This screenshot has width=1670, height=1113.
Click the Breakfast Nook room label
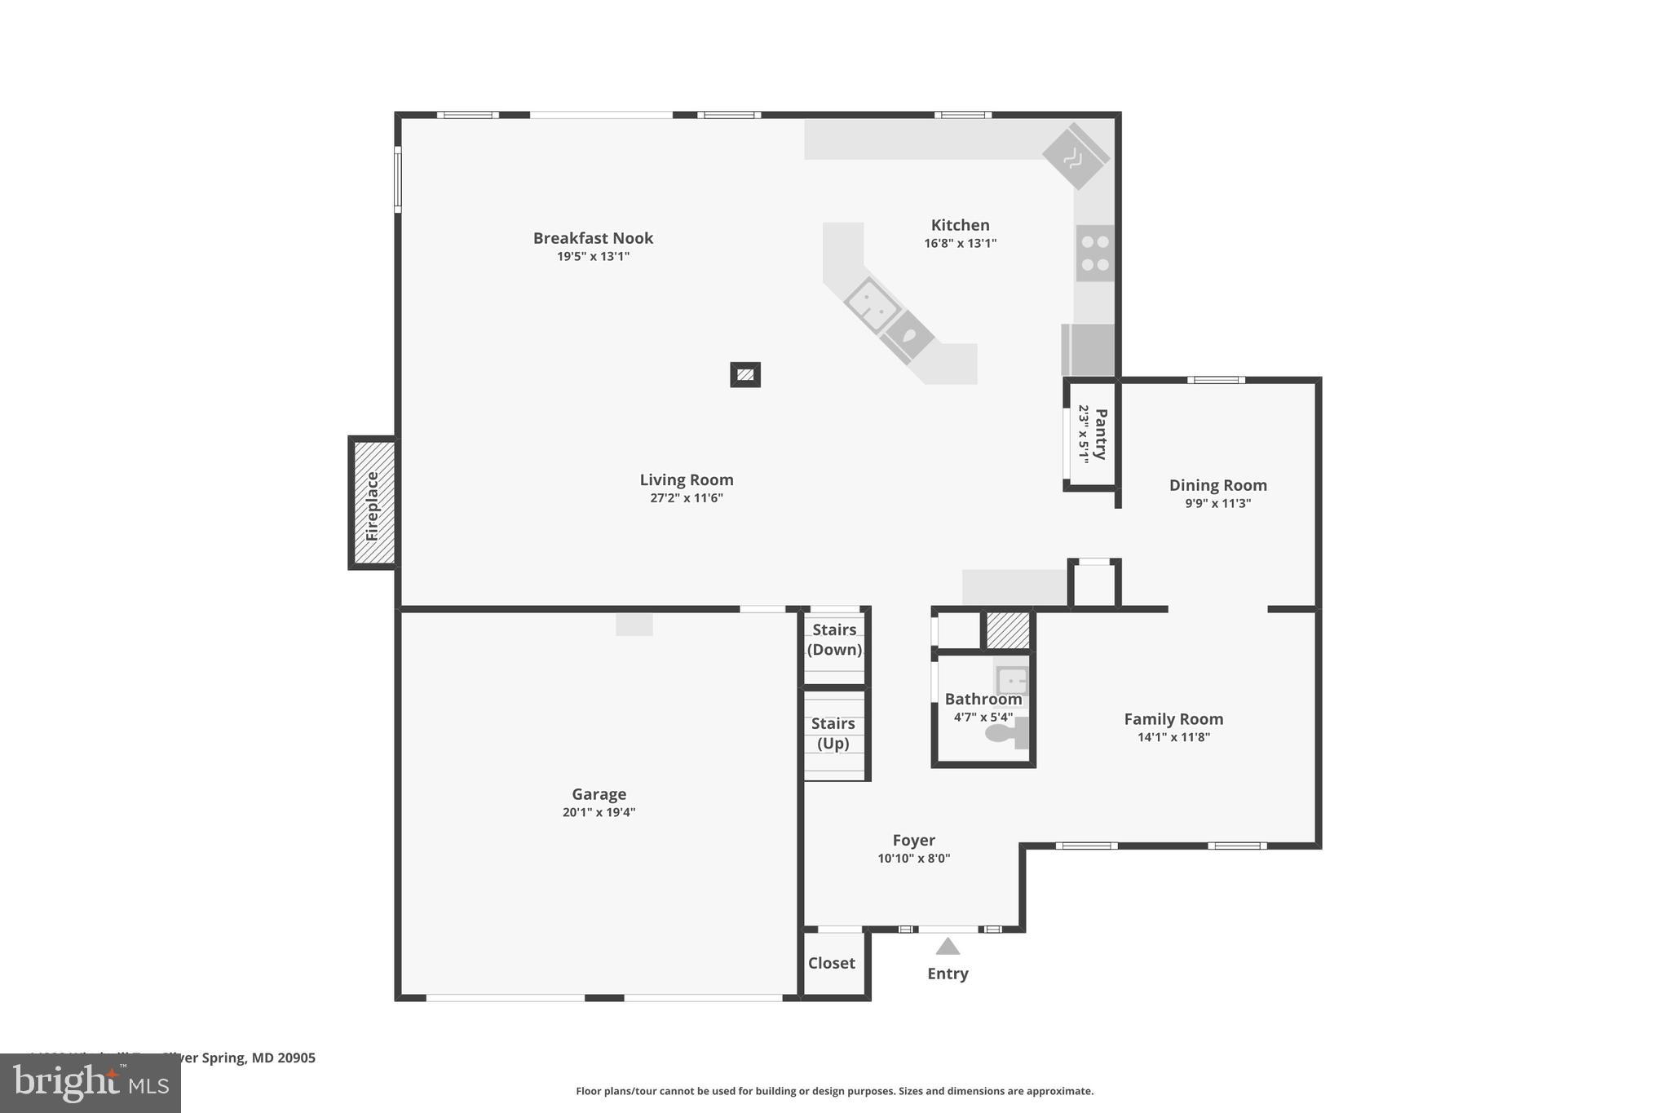(x=593, y=238)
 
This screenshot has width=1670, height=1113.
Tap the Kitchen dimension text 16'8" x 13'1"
(x=960, y=243)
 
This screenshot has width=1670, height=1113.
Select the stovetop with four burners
(x=1094, y=253)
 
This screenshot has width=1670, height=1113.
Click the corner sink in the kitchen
(x=1076, y=157)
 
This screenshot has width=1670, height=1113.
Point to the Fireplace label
(x=373, y=506)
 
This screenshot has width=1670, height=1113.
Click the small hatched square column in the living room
(x=744, y=375)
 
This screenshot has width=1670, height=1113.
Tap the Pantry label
(x=1100, y=435)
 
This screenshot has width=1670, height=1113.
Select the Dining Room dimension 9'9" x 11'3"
(x=1217, y=503)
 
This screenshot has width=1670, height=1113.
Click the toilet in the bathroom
(x=1005, y=733)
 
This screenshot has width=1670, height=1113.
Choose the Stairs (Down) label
(x=834, y=639)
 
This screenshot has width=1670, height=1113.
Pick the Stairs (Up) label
(x=833, y=733)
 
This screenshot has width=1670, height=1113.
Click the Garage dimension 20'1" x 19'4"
(x=599, y=812)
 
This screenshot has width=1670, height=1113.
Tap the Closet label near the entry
(x=831, y=963)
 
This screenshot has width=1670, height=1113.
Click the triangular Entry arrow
(x=947, y=947)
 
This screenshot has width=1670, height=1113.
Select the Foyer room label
(x=913, y=840)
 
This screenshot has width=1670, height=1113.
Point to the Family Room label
(x=1173, y=719)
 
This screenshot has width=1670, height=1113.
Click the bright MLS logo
(x=91, y=1084)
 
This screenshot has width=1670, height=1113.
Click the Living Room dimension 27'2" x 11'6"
(x=686, y=498)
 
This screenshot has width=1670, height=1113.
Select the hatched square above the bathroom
(x=1008, y=630)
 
